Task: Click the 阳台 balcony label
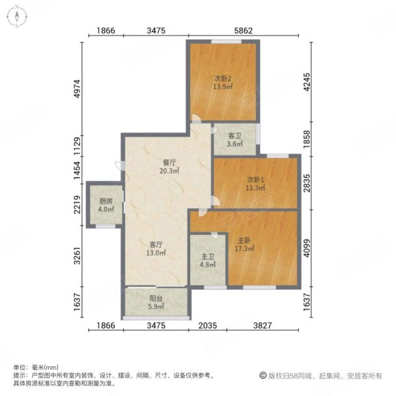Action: (155, 298)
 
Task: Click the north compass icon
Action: (16, 16)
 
